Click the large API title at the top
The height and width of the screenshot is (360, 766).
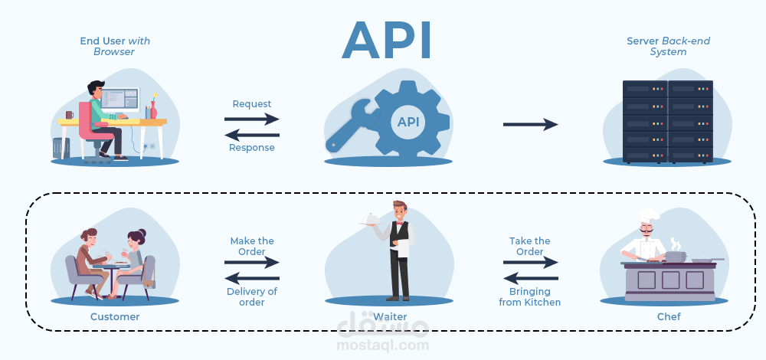click(x=386, y=40)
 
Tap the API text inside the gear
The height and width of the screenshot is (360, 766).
click(x=408, y=121)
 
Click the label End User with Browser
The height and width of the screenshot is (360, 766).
click(x=114, y=46)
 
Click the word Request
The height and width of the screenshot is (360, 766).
click(x=252, y=103)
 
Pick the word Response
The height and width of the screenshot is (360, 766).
click(x=252, y=148)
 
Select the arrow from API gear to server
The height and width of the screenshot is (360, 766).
click(x=530, y=124)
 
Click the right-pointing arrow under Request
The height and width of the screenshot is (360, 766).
click(x=252, y=119)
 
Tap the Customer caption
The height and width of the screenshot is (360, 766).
click(x=115, y=316)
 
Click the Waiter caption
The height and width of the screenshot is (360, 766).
click(x=390, y=316)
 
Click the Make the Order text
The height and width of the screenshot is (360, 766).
click(x=252, y=246)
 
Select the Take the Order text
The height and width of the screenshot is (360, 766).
click(x=530, y=246)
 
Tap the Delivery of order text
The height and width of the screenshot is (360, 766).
click(x=252, y=296)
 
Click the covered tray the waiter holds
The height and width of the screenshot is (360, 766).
click(x=370, y=220)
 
